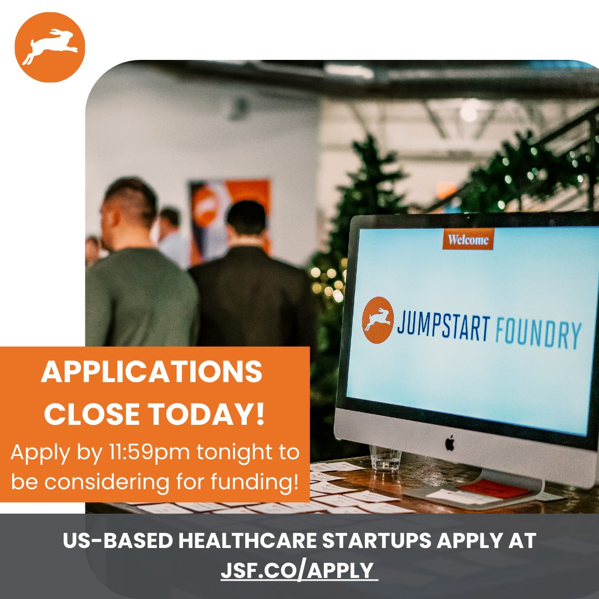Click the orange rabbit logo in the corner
click(x=49, y=47)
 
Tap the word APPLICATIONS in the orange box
click(x=151, y=373)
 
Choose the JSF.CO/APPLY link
click(x=298, y=570)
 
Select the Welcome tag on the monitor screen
click(x=468, y=240)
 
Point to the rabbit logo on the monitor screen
click(x=378, y=320)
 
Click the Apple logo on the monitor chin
click(x=450, y=442)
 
